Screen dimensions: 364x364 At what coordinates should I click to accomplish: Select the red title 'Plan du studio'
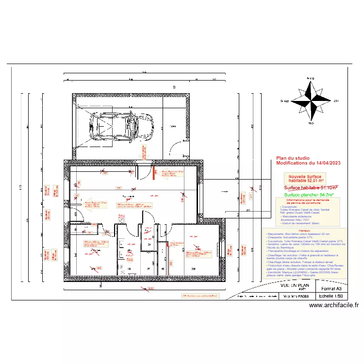(293, 158)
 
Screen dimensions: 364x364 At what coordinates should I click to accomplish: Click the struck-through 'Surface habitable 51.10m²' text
(311, 187)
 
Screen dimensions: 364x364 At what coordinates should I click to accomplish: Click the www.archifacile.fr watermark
(333, 305)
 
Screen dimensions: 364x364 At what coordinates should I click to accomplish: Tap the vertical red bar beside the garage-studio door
(154, 173)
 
